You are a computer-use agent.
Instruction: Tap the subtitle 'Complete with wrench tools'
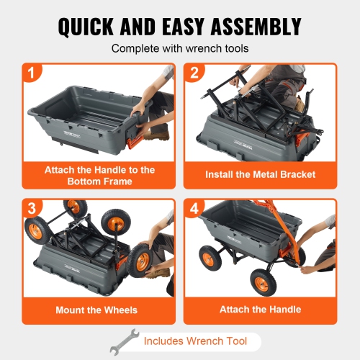tap(179, 50)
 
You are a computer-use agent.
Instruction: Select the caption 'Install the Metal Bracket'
tap(260, 174)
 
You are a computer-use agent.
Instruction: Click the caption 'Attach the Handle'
tap(260, 310)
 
